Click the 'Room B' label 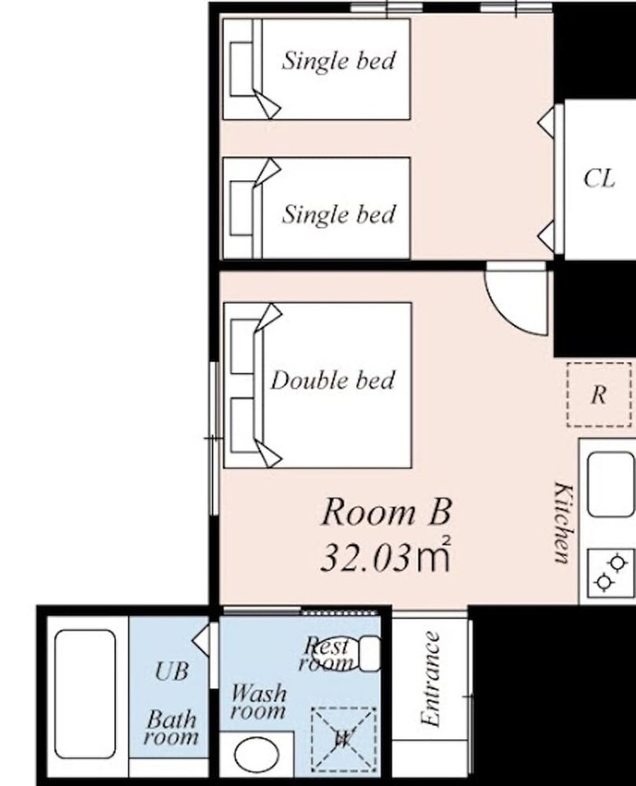pos(386,512)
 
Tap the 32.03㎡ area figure pos(386,555)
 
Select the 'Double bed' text pos(333,380)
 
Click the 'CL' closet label pos(599,178)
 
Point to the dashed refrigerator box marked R pos(599,395)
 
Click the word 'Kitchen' pos(563,523)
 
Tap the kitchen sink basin pos(611,484)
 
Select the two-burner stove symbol pos(611,572)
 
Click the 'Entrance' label pos(431,678)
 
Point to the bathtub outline pos(85,694)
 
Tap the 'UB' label pos(172,671)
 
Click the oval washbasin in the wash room pos(257,755)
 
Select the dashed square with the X pos(344,739)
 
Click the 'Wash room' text pos(258,702)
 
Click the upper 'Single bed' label pos(339,60)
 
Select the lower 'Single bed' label pos(339,214)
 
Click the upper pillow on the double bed pos(241,347)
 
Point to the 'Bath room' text pos(171,728)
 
